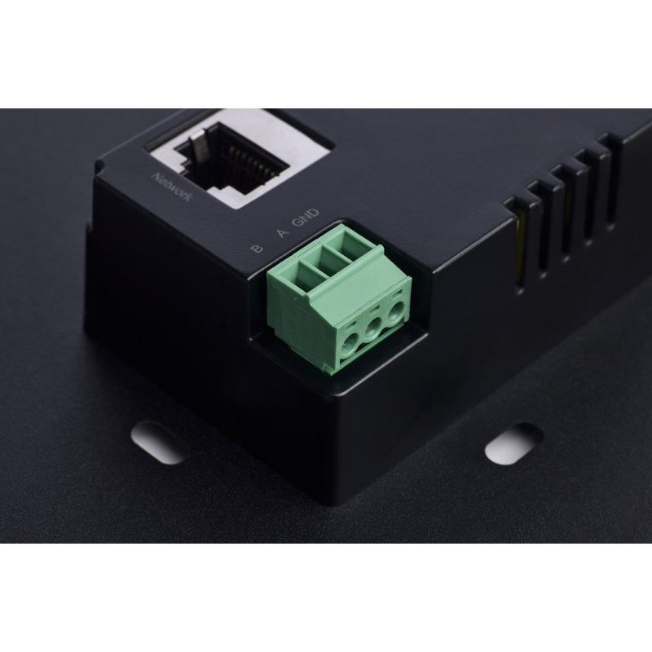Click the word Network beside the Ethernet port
click(x=172, y=187)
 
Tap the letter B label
click(x=257, y=249)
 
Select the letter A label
click(x=283, y=232)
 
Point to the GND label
click(x=306, y=217)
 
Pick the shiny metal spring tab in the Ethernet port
click(x=197, y=146)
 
